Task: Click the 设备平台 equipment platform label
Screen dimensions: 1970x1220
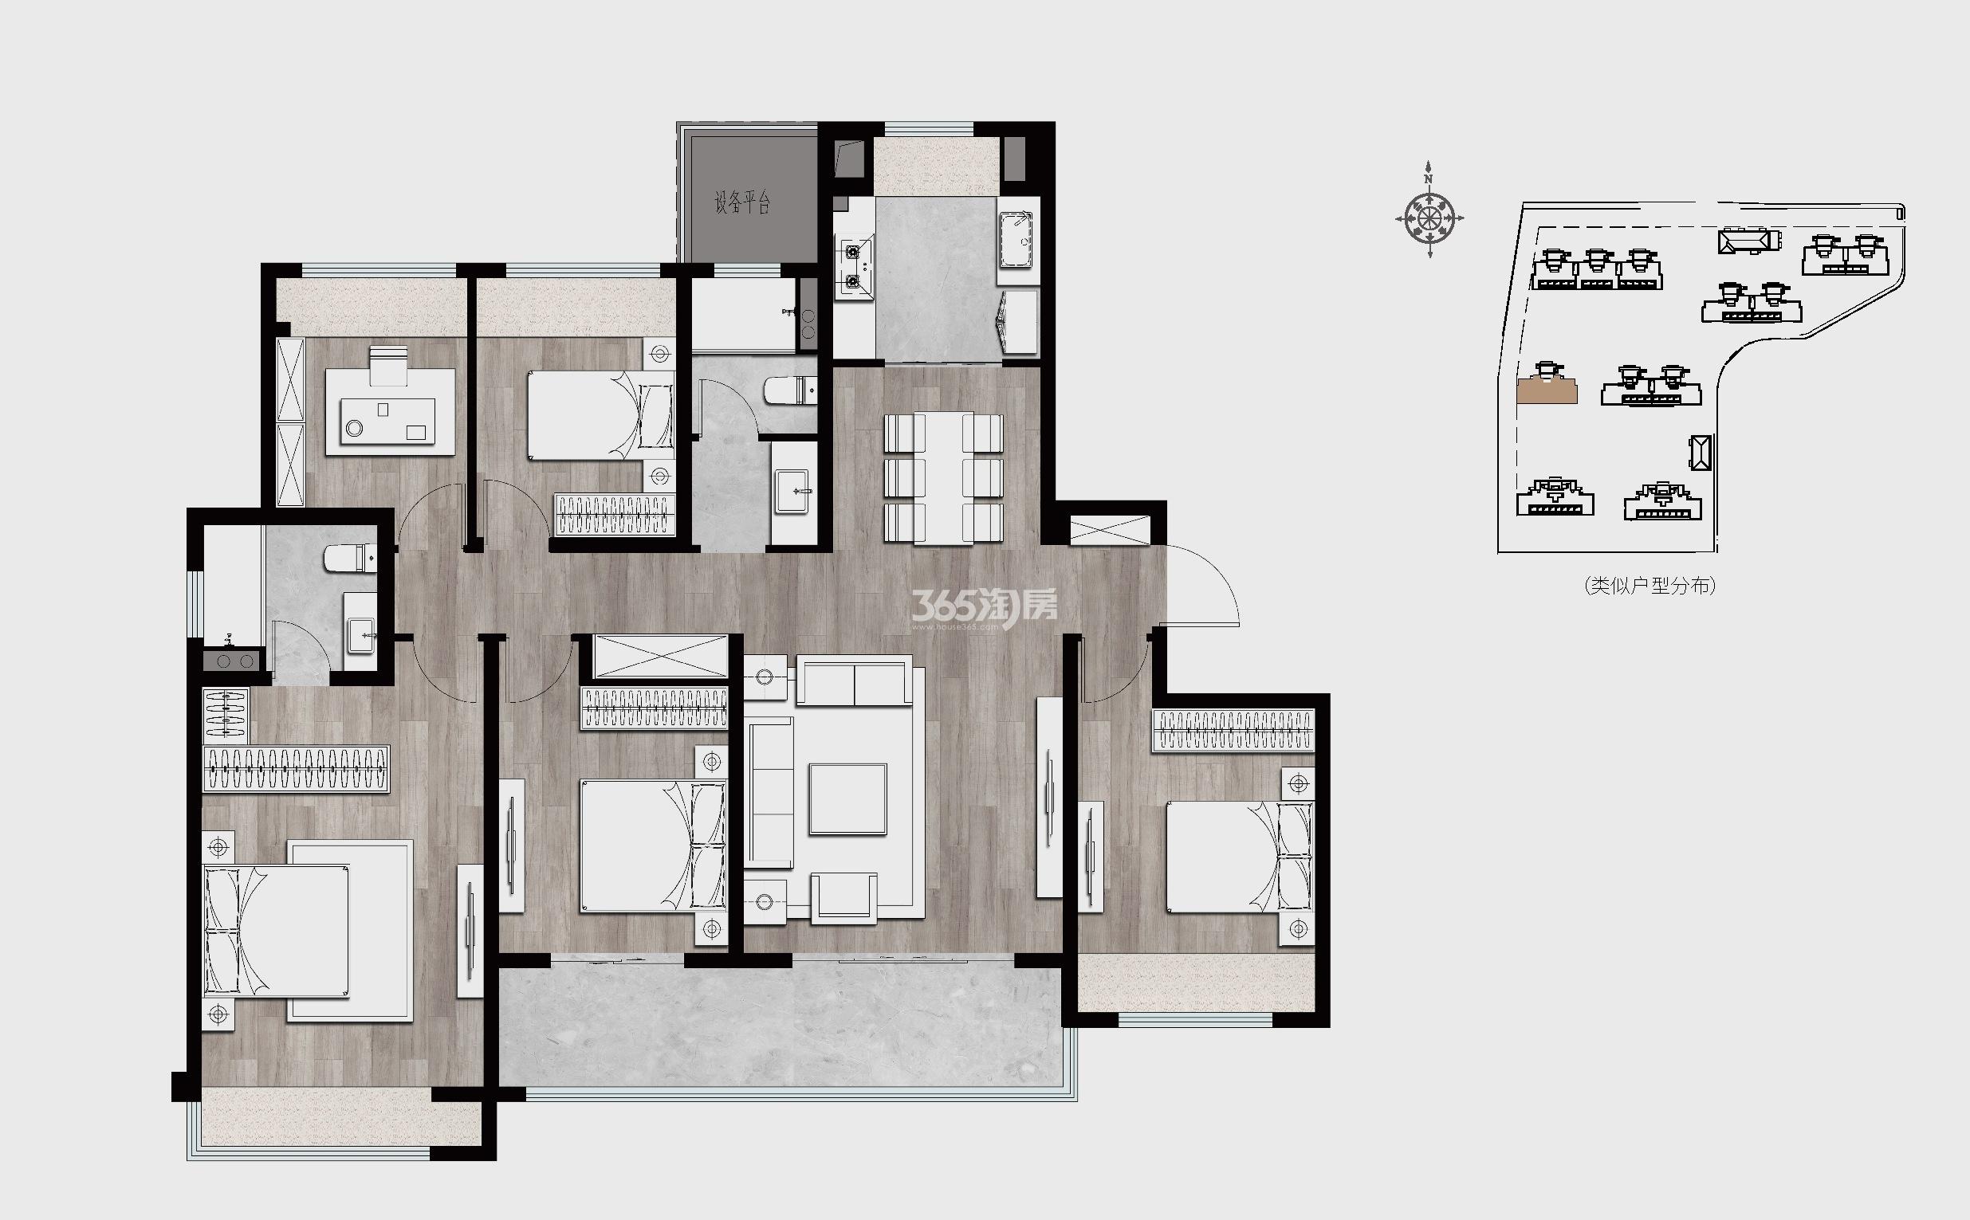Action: click(742, 202)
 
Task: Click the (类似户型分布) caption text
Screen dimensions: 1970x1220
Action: click(1650, 586)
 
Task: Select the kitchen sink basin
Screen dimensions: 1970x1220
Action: click(1015, 240)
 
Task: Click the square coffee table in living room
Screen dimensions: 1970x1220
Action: click(848, 798)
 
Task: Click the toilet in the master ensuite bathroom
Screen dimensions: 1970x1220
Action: click(350, 558)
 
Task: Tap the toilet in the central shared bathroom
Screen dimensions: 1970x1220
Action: click(790, 390)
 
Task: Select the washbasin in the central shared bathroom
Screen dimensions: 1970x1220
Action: click(795, 492)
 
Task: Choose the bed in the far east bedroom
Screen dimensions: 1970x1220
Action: click(1240, 857)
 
